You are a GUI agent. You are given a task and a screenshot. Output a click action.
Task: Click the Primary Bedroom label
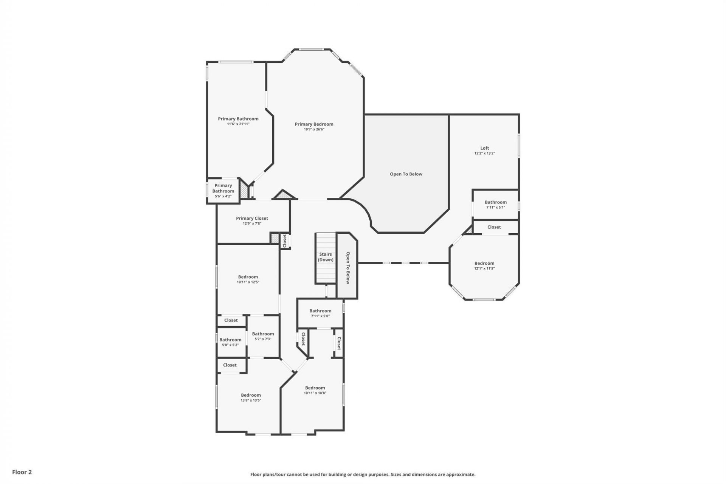click(314, 124)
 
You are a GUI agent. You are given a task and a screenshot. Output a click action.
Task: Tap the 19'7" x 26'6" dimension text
click(314, 129)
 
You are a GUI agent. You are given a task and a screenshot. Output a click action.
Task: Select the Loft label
click(484, 148)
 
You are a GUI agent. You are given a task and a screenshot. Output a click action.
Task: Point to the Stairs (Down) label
click(325, 257)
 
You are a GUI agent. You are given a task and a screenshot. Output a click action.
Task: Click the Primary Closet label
click(252, 218)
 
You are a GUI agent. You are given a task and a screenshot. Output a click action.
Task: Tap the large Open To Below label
click(406, 174)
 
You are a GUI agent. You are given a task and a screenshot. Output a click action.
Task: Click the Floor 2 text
click(22, 472)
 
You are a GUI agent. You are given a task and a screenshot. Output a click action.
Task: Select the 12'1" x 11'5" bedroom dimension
click(484, 268)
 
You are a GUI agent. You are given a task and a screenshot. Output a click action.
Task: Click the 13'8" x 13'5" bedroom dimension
click(251, 400)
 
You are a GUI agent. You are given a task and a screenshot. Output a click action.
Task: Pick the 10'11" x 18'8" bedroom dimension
click(315, 393)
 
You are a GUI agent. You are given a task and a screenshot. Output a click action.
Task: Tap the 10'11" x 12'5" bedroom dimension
click(248, 282)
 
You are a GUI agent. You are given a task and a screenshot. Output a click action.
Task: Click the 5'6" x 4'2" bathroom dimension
click(223, 196)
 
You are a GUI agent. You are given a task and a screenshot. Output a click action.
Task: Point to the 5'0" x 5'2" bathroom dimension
click(230, 345)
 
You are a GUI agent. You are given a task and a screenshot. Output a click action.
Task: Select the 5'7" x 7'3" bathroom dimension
click(263, 339)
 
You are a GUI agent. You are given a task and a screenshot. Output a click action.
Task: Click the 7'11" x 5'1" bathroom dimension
click(495, 207)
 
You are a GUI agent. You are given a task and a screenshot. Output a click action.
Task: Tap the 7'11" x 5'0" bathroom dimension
click(320, 316)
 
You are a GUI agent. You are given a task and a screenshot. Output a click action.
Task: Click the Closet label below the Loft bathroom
click(494, 227)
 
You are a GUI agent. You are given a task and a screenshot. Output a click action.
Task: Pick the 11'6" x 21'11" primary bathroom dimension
click(238, 124)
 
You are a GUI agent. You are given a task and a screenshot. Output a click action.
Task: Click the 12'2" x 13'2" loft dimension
click(484, 154)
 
